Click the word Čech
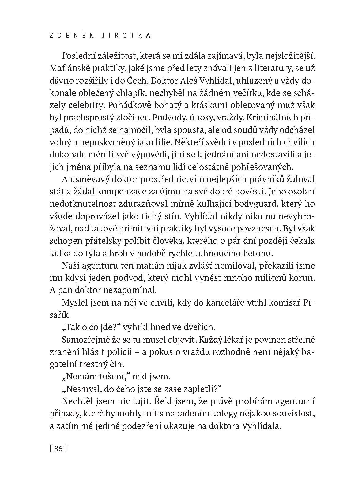click(146, 80)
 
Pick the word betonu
click(256, 254)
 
